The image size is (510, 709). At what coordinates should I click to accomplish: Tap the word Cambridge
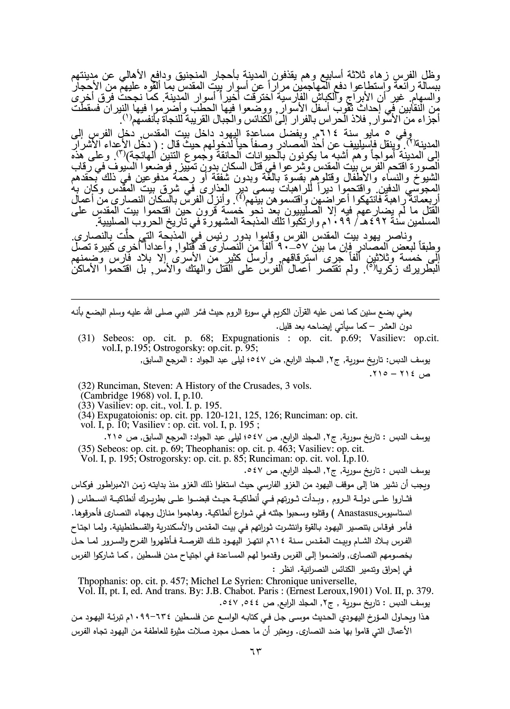[x=104, y=395]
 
